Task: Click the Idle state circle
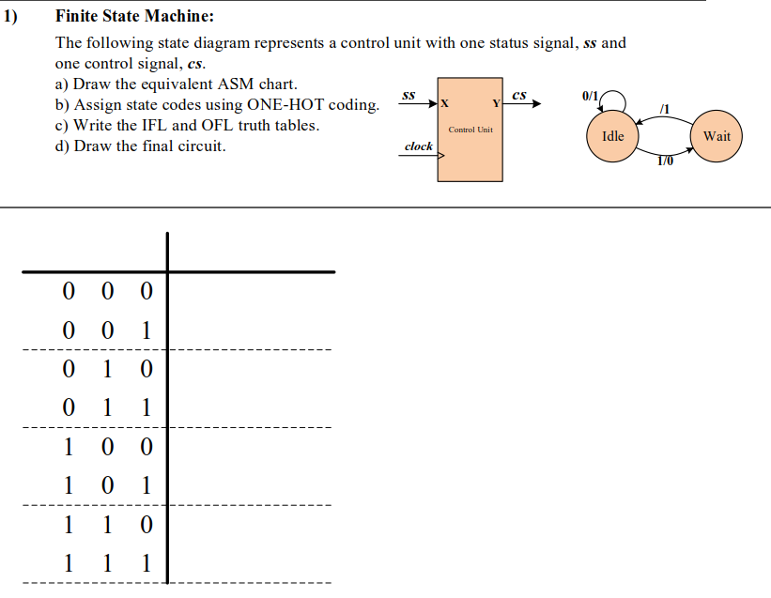612,136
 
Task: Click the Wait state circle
717,136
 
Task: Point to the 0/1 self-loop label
590,96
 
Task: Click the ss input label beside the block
409,95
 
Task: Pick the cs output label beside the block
520,94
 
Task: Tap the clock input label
418,146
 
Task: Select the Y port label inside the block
495,102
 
